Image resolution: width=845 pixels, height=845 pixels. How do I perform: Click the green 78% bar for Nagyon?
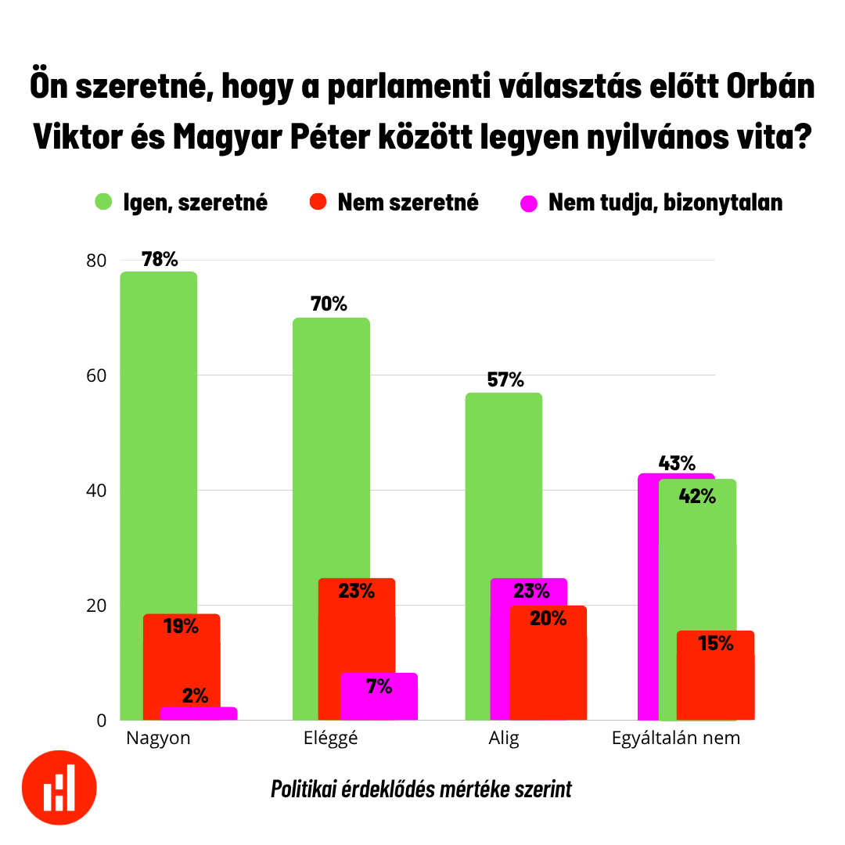tap(158, 438)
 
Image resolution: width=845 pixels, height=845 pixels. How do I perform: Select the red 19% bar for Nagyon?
tap(182, 665)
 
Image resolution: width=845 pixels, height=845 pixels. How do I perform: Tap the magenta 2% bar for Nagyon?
tap(199, 713)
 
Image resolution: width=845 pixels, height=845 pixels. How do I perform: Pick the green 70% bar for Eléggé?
tap(330, 446)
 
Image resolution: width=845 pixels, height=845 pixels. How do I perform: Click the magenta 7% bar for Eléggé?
tap(379, 696)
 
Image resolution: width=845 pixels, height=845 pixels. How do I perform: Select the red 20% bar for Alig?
tap(548, 665)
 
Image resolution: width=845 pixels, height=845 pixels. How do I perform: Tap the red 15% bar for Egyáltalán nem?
tap(715, 677)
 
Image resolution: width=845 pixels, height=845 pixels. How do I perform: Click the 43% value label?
tap(677, 463)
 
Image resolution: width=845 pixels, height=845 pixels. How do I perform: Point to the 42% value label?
tap(697, 496)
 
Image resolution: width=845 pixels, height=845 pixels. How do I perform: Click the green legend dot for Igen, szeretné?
tap(104, 203)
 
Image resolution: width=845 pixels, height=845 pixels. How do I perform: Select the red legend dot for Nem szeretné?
tap(317, 203)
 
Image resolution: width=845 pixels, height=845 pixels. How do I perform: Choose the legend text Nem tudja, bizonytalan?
tap(665, 203)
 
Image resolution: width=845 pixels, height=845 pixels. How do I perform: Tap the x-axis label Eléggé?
tap(329, 738)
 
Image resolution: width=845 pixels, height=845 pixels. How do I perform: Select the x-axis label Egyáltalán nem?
tap(675, 738)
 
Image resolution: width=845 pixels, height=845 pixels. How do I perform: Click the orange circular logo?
tap(59, 787)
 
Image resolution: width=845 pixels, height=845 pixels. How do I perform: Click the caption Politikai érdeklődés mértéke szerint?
tap(421, 789)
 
